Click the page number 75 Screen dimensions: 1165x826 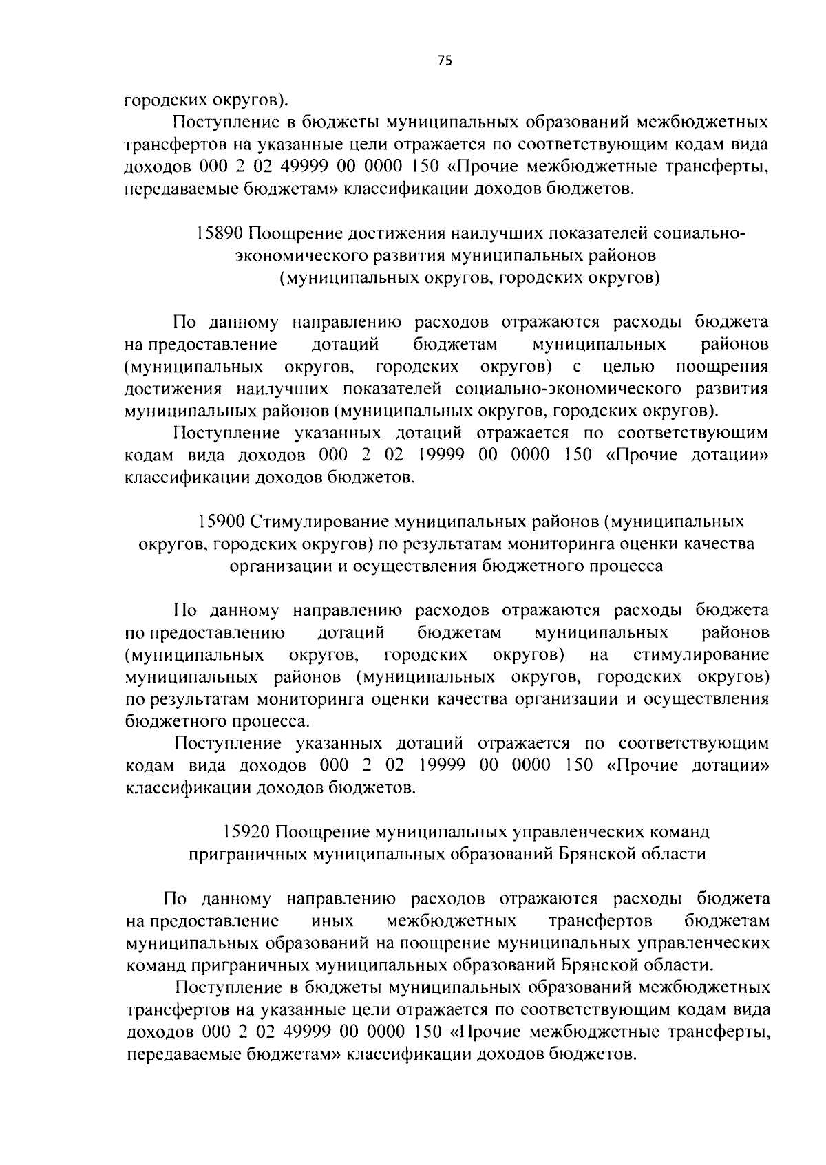tap(445, 61)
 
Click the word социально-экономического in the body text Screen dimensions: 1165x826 tap(551, 389)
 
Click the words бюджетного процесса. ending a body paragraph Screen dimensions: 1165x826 tap(217, 722)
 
